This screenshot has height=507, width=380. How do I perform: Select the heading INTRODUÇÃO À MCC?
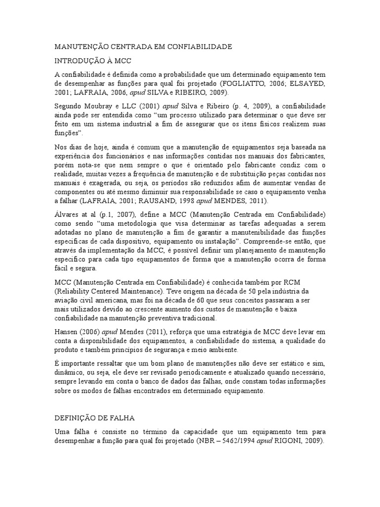[x=93, y=60]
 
